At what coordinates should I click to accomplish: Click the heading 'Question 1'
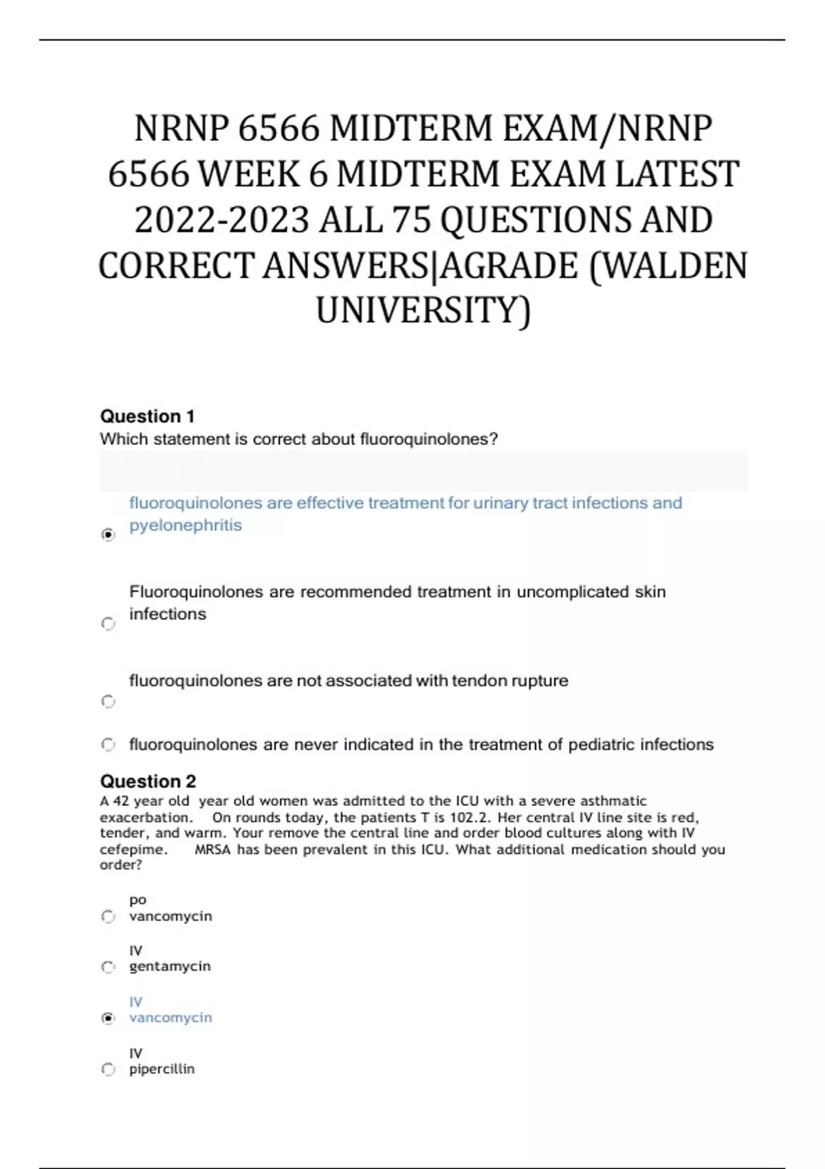(147, 416)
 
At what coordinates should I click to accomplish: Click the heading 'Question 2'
(148, 781)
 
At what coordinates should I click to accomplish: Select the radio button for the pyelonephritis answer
(108, 534)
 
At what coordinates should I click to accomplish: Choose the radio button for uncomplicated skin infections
(108, 624)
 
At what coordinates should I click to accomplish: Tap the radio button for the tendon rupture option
(108, 701)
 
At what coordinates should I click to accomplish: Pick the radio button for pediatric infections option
(108, 744)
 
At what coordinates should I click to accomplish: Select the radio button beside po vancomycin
(108, 916)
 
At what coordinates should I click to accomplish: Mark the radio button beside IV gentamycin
(108, 967)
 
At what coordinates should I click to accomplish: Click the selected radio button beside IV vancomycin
(108, 1018)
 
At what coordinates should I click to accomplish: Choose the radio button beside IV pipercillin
(108, 1069)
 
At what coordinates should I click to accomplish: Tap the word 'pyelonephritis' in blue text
(186, 525)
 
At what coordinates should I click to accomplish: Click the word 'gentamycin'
(170, 966)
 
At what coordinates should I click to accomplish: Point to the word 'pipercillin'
(162, 1069)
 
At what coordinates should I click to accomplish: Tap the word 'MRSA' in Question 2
(213, 849)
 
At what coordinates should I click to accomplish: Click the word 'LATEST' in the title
(676, 174)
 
